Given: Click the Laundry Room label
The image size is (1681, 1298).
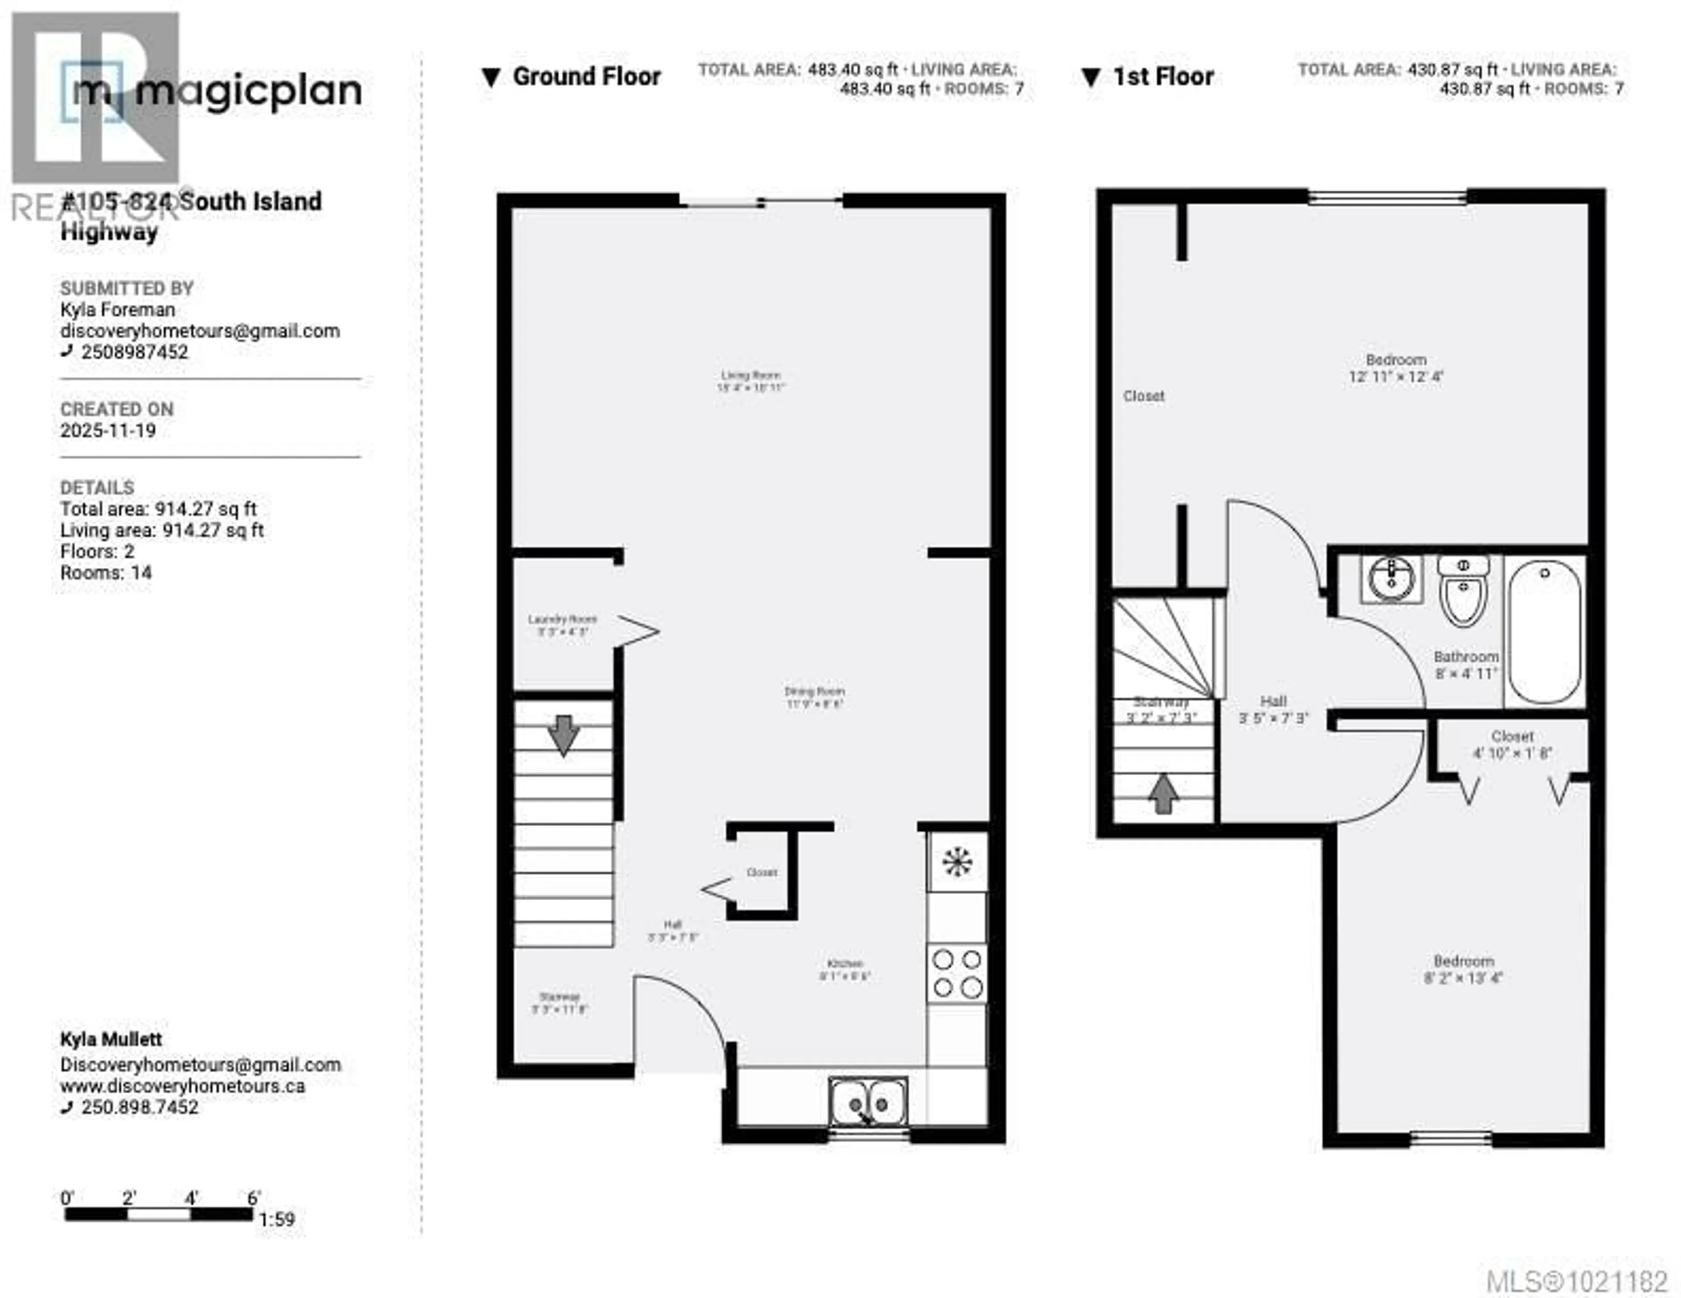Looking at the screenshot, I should coord(562,625).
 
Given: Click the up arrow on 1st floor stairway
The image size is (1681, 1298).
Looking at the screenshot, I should coord(1163,793).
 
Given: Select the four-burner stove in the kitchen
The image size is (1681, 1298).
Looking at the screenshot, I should coord(957,974).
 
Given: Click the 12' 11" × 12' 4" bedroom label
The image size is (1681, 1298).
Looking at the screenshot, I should coord(1396,368).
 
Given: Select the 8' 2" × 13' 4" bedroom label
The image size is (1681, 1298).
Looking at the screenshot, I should coord(1463,969).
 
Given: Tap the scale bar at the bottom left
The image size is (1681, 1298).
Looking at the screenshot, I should coord(158,1214).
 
